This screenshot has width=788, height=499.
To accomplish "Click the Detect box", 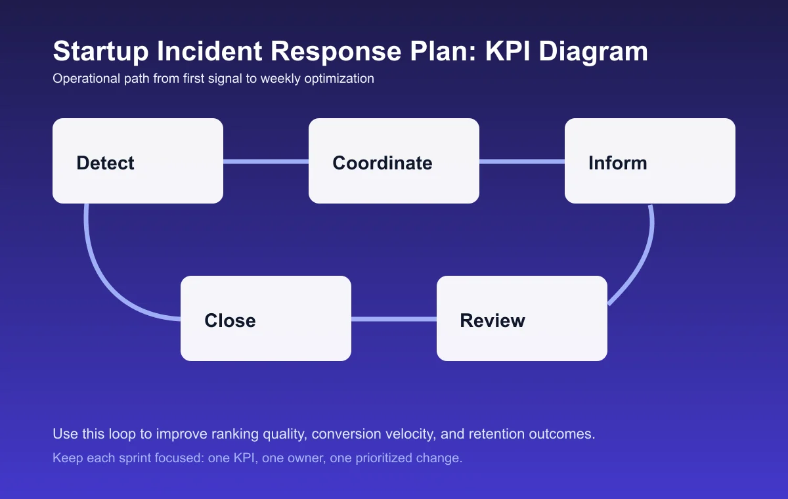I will point(138,161).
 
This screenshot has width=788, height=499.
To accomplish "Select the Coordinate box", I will point(394,161).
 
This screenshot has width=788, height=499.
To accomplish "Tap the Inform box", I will point(650,161).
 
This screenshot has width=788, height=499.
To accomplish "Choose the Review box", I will point(522,318).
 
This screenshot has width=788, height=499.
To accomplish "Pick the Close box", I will point(266,318).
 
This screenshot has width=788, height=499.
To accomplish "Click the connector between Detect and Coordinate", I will point(266,162).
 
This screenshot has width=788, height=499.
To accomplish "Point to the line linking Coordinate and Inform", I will point(522,162).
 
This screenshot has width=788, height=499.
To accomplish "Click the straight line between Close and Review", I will point(394,319).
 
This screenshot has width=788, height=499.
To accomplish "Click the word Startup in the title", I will point(94,52).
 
